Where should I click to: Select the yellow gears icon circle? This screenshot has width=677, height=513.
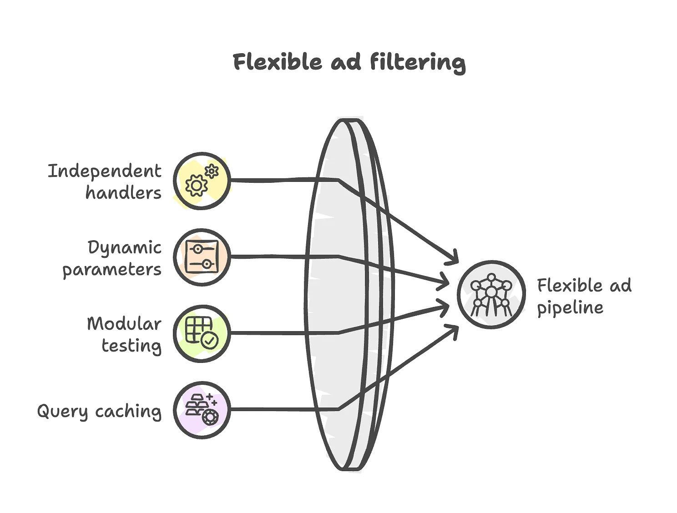pos(202,181)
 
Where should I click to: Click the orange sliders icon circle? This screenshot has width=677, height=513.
pos(202,257)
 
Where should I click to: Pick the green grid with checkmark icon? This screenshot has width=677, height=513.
pos(202,333)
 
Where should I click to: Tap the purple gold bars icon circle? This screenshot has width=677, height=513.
pos(202,410)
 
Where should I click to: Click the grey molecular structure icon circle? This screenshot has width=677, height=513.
pos(491,294)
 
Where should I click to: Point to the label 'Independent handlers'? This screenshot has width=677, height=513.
pos(105,181)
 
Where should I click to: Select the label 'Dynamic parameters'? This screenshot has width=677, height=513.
pos(112,258)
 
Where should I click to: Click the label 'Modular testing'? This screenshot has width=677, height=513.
pos(124,334)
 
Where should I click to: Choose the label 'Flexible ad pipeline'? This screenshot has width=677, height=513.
pos(584,296)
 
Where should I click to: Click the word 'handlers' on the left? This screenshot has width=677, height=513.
pos(123,192)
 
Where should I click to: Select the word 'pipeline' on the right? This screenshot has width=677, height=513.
pos(570,308)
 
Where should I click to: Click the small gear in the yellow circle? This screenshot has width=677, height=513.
pos(212,171)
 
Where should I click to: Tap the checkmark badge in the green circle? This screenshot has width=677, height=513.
pos(210,340)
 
